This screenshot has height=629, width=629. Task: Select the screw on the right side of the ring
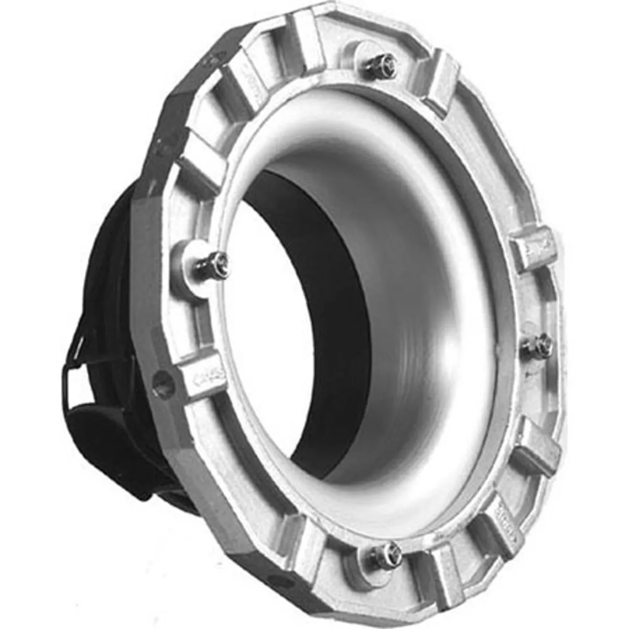click(x=540, y=343)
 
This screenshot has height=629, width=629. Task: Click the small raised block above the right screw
click(x=531, y=246)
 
